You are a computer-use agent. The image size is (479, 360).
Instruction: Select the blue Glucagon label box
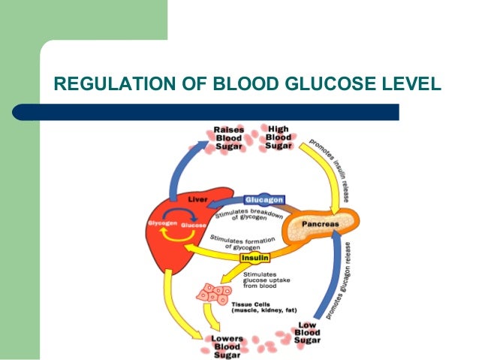tap(264, 200)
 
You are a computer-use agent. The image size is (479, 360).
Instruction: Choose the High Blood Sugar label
tap(279, 138)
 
